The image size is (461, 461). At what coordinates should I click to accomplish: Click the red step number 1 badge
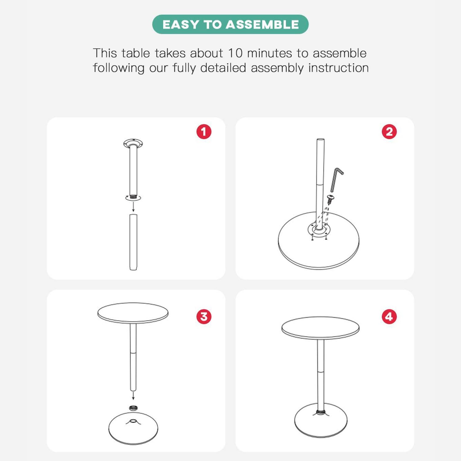tap(204, 132)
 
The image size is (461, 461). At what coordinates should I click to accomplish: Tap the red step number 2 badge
tap(389, 132)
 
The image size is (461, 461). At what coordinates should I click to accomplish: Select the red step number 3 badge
tap(204, 317)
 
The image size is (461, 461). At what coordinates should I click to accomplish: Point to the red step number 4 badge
tap(389, 317)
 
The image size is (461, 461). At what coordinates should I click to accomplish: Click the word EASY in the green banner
tap(181, 25)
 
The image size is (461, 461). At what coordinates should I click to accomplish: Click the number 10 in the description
tap(235, 53)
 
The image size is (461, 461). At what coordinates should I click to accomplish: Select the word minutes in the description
tap(270, 53)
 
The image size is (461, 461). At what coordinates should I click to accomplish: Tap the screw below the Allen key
tap(331, 199)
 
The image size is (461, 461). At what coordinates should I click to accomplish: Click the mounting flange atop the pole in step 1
tap(133, 143)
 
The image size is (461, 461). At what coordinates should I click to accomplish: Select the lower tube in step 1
tap(133, 242)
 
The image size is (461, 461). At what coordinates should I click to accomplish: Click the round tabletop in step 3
tap(133, 313)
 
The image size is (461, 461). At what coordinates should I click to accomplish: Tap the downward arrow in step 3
tap(133, 395)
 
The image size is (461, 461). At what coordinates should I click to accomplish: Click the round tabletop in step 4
tap(321, 328)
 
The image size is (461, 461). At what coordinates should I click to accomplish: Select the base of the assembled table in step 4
tap(321, 420)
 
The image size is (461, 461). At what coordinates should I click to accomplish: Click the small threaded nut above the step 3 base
tap(133, 408)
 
